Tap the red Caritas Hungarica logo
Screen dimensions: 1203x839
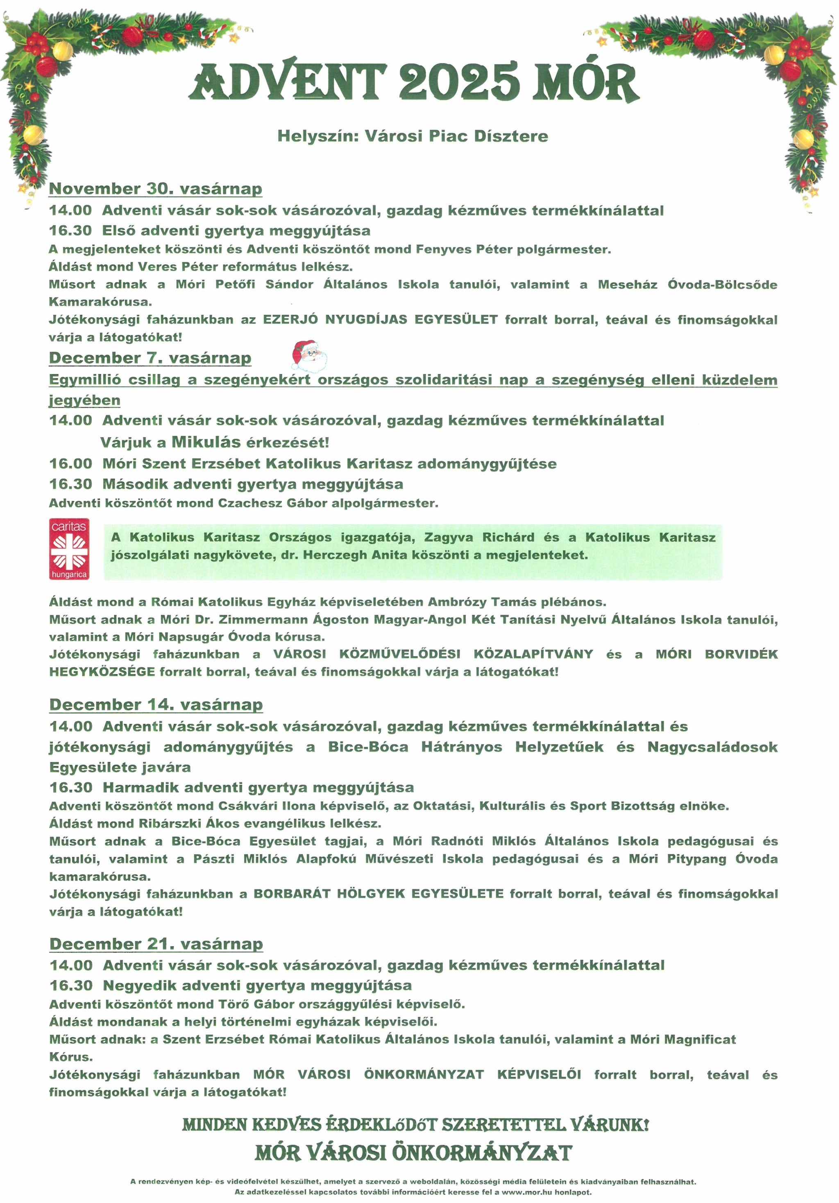[x=69, y=549]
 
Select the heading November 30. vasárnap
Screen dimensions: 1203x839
[x=155, y=189]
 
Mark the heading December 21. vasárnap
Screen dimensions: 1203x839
[x=156, y=944]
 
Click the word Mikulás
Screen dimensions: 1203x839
[x=206, y=442]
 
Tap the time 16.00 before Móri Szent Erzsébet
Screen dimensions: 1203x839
[x=71, y=464]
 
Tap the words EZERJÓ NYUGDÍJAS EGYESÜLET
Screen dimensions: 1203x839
[x=380, y=320]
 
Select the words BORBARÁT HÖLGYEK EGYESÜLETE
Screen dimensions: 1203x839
[x=378, y=894]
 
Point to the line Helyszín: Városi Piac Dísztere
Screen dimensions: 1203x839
[x=413, y=136]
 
